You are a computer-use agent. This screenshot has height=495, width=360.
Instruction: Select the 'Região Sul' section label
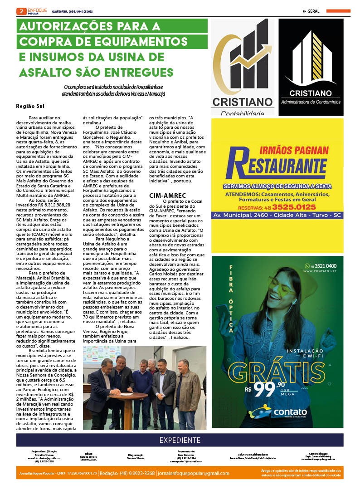pyautogui.click(x=30, y=107)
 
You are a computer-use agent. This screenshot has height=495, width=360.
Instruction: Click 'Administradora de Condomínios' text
pyautogui.click(x=311, y=102)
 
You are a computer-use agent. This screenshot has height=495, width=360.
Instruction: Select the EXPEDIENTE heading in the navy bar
pyautogui.click(x=180, y=440)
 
